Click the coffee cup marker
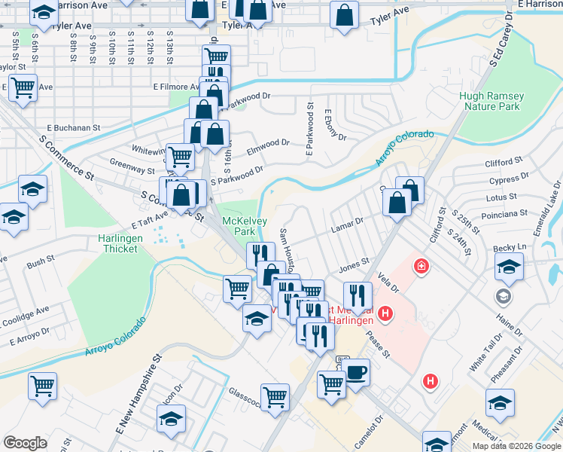click(x=356, y=373)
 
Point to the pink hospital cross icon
click(x=421, y=265)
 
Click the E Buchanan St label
click(x=74, y=128)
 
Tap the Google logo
click(x=25, y=442)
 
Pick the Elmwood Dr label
click(x=272, y=143)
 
